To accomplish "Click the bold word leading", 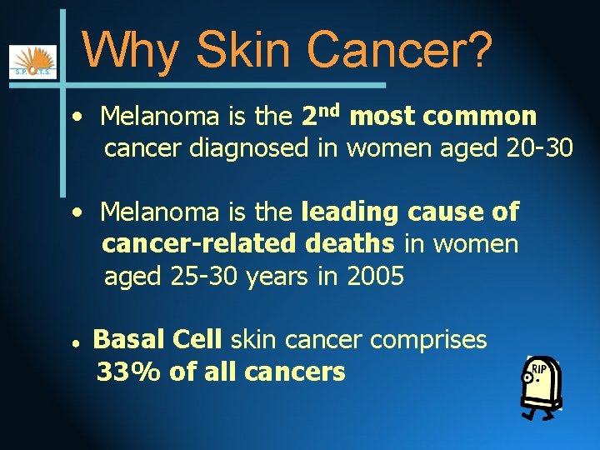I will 350,212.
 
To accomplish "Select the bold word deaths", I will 350,244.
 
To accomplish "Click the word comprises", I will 428,339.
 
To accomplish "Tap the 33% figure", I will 129,372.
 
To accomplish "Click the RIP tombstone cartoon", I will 540,385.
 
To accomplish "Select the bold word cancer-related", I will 198,244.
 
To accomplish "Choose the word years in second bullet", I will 279,276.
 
